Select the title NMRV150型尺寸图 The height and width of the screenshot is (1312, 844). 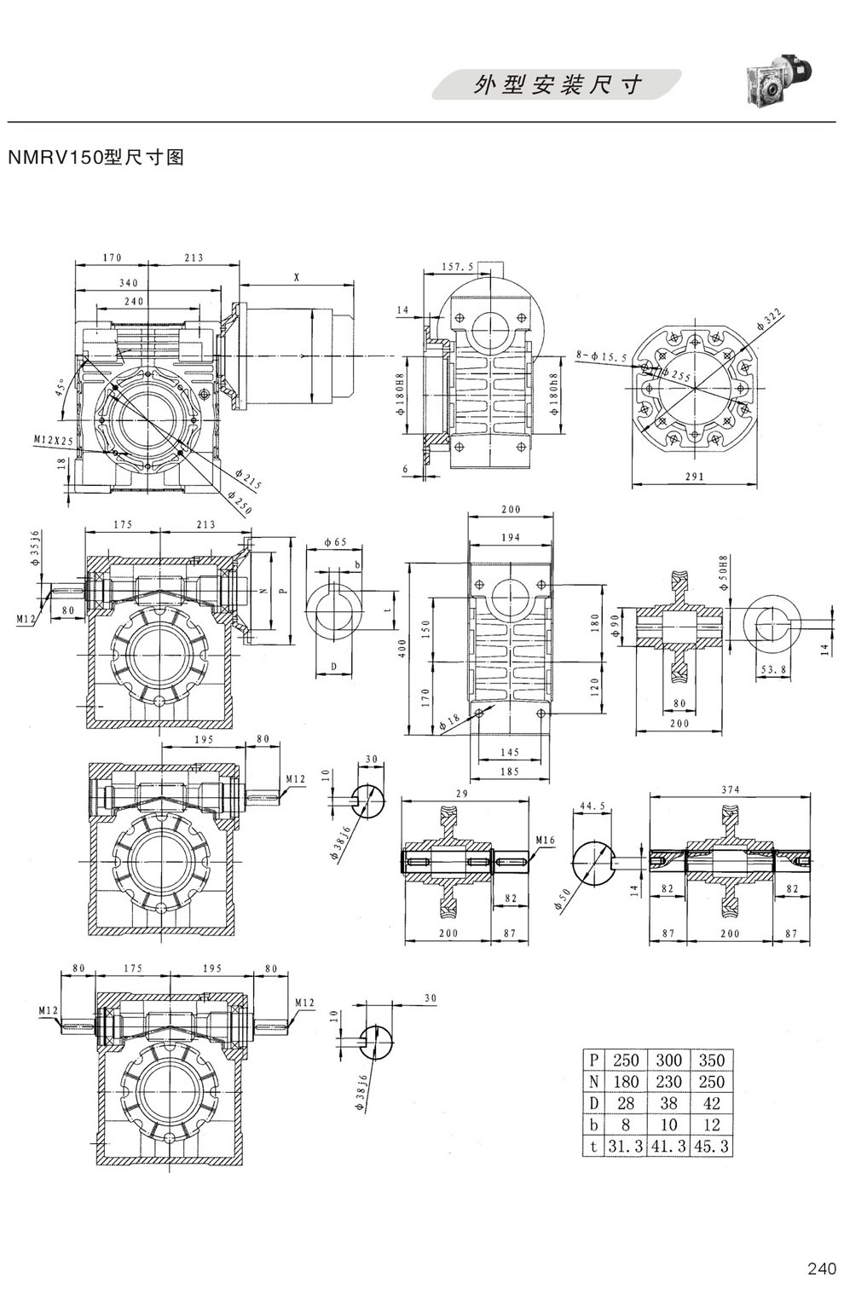point(95,158)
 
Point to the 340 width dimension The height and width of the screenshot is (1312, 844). point(129,283)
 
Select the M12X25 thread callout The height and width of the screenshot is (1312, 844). point(51,439)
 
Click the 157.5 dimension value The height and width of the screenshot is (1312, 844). point(458,267)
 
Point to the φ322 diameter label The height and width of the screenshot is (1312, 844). point(769,320)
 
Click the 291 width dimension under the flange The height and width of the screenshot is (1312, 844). point(694,477)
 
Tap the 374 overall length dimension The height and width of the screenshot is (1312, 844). point(730,789)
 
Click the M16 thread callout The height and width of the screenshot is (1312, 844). point(546,841)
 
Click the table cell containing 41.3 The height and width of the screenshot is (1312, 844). point(668,1147)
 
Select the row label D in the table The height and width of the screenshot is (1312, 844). point(593,1104)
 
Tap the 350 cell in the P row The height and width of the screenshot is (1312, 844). point(711,1061)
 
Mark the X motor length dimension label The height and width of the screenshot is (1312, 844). point(297,277)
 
